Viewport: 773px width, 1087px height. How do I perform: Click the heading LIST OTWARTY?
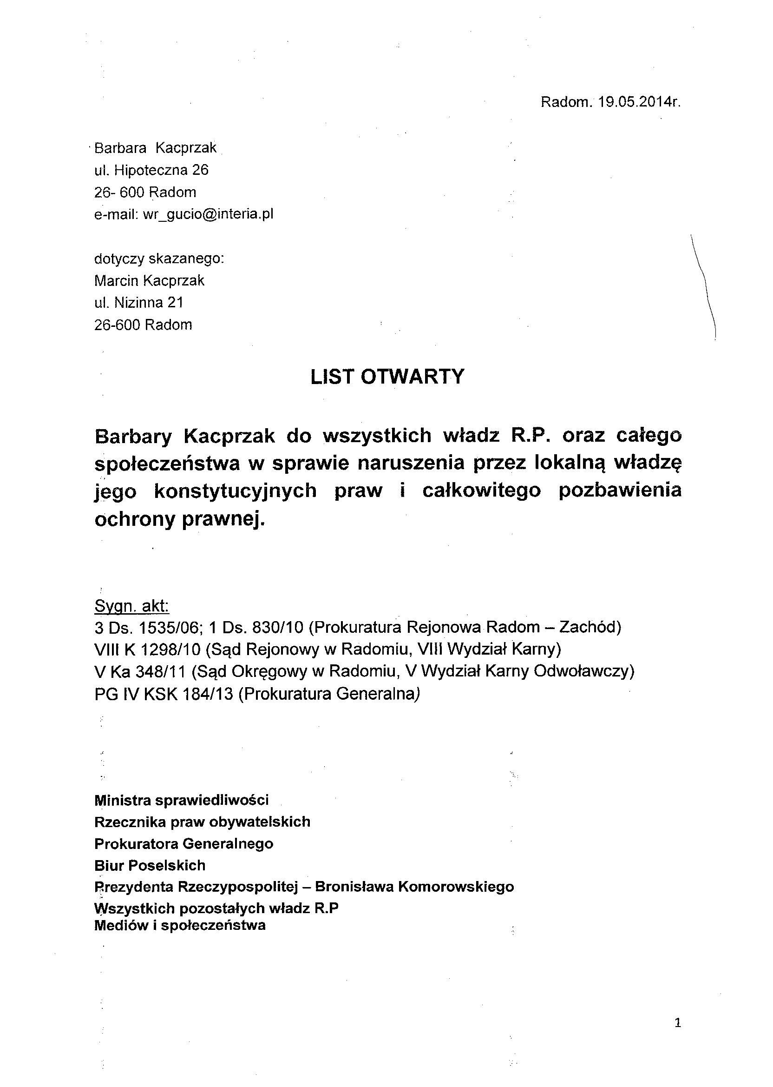(386, 377)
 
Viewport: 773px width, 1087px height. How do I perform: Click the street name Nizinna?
(139, 303)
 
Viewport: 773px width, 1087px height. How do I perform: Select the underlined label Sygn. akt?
(132, 606)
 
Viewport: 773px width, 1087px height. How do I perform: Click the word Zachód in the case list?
(590, 628)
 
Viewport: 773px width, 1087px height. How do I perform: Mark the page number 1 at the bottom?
(678, 1023)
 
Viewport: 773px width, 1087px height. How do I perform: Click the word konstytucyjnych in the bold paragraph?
(236, 490)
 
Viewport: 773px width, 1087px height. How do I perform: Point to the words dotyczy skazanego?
(159, 258)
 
